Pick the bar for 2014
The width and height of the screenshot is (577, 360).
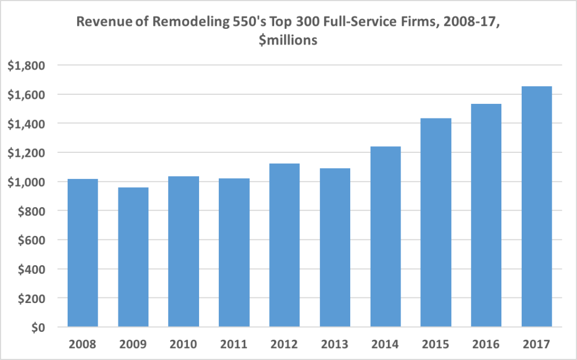(385, 237)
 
